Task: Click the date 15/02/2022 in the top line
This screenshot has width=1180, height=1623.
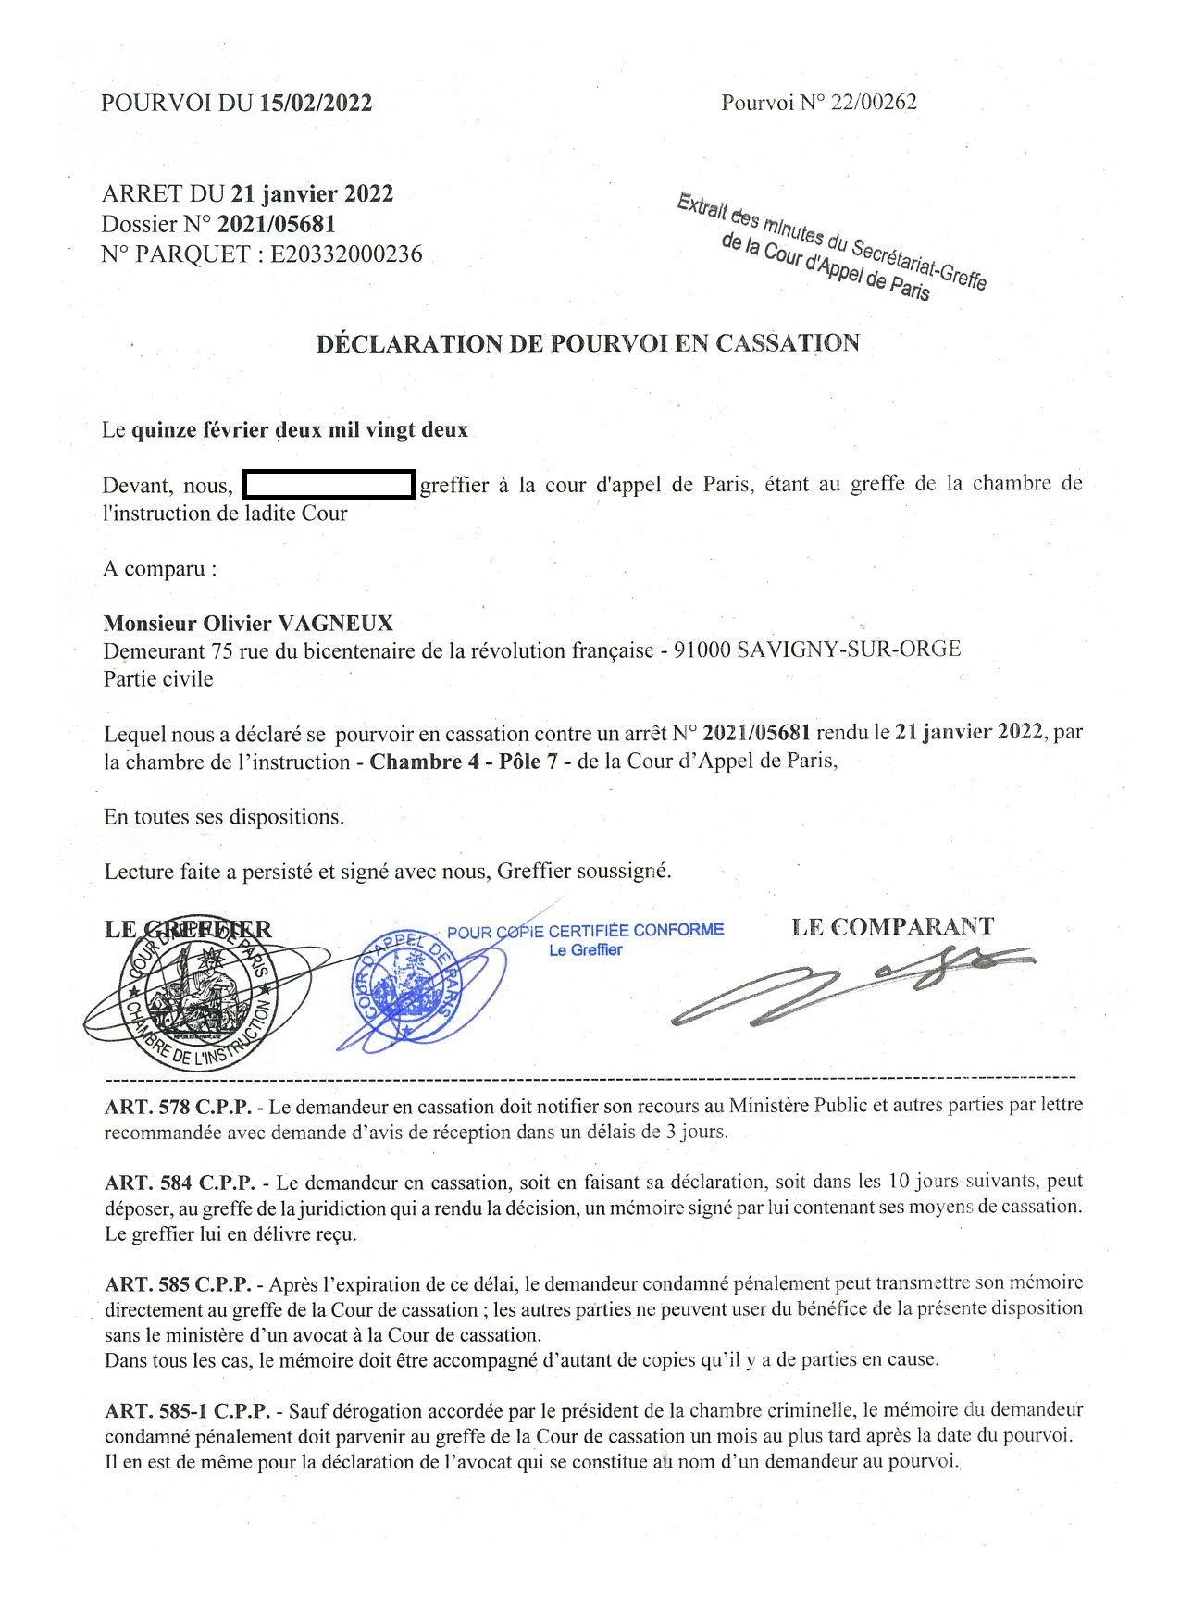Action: (316, 104)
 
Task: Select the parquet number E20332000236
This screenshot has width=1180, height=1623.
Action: (346, 254)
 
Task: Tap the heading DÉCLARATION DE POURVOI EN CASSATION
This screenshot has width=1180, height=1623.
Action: (588, 344)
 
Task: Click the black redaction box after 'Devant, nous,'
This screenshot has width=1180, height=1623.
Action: (328, 485)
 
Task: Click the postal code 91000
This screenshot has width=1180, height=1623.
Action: (702, 650)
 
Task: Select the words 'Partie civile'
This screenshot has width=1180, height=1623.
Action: (157, 679)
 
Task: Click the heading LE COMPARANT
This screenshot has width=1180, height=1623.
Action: (892, 926)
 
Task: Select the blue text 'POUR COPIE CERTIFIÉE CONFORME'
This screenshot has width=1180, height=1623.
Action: (585, 931)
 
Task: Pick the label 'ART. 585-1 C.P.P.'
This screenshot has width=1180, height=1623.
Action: (188, 1411)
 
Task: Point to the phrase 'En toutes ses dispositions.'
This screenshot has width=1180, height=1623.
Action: (223, 818)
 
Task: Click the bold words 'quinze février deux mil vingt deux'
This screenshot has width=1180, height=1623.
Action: (300, 430)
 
